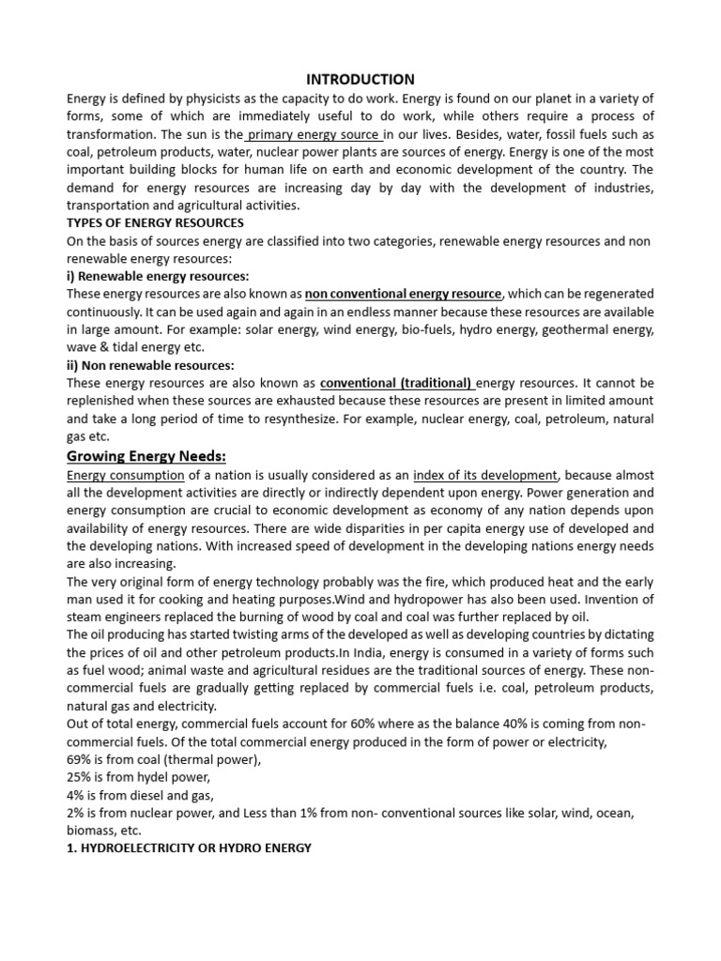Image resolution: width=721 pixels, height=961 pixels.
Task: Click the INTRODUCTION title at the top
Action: pyautogui.click(x=360, y=79)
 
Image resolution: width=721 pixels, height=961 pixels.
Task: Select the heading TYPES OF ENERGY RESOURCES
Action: pyautogui.click(x=155, y=223)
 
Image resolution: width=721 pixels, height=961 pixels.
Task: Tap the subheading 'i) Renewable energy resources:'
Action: pyautogui.click(x=158, y=276)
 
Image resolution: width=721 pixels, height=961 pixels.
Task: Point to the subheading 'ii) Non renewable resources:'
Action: pyautogui.click(x=150, y=365)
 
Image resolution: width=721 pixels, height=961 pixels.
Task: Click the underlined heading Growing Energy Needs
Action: pyautogui.click(x=146, y=456)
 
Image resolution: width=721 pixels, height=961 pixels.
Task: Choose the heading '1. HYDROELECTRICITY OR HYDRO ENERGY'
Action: pyautogui.click(x=189, y=848)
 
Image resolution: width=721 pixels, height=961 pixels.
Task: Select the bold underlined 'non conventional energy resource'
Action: pyautogui.click(x=404, y=294)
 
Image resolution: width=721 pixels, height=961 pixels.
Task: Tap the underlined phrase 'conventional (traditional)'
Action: pyautogui.click(x=396, y=383)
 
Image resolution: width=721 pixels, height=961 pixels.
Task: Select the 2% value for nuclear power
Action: pyautogui.click(x=76, y=813)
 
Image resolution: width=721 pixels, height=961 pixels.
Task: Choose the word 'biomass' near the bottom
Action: pyautogui.click(x=90, y=831)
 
